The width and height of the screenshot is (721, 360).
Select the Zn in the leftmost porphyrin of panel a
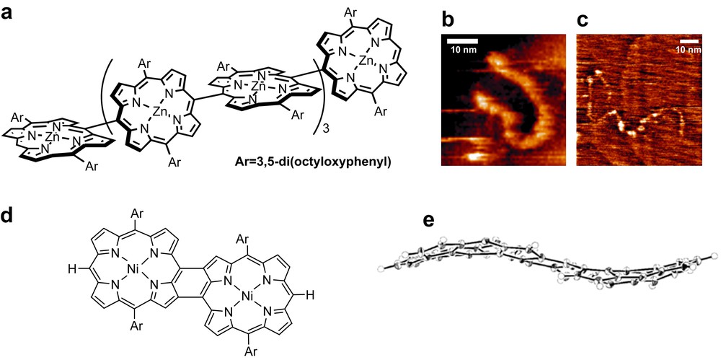[51, 136]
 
